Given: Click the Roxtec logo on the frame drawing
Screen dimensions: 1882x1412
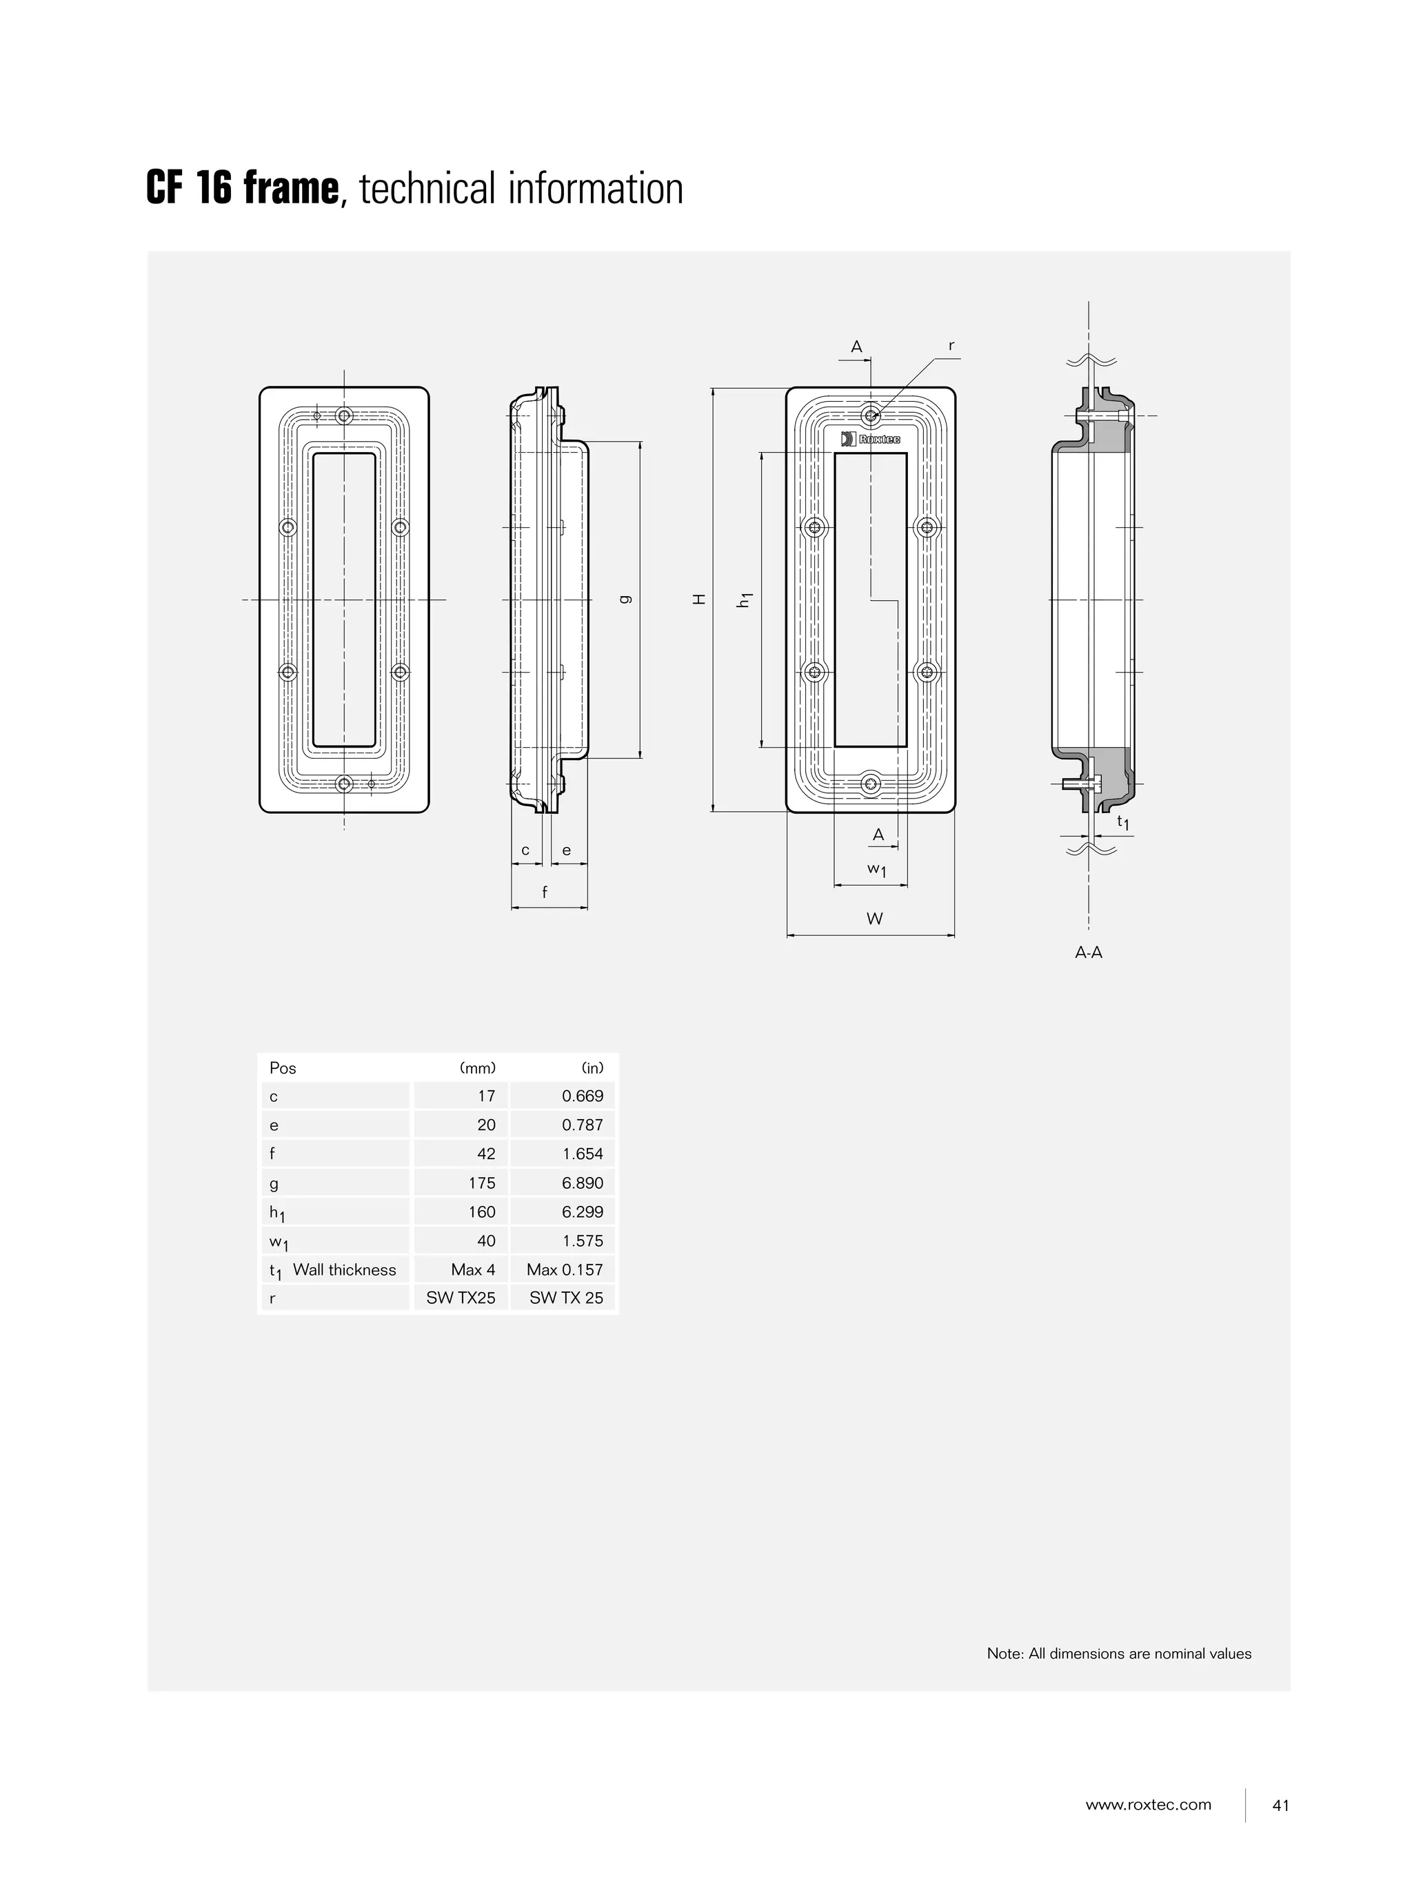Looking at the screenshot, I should pyautogui.click(x=870, y=439).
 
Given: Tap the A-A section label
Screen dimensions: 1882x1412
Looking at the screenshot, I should pyautogui.click(x=1088, y=952).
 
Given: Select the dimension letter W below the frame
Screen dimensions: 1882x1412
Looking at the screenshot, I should pyautogui.click(x=874, y=918).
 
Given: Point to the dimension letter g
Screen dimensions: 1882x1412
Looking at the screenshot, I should pyautogui.click(x=627, y=599).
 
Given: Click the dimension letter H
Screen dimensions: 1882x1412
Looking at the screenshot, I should pyautogui.click(x=700, y=599).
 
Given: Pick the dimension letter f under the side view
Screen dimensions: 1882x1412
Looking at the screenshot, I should pyautogui.click(x=545, y=892).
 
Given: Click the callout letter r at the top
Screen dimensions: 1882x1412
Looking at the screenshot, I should pyautogui.click(x=951, y=345).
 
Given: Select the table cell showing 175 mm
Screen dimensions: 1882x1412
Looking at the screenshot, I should pyautogui.click(x=481, y=1183).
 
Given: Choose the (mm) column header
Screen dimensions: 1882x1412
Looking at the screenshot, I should pyautogui.click(x=478, y=1067).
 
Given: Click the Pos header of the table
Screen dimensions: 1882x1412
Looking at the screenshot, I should pyautogui.click(x=283, y=1067).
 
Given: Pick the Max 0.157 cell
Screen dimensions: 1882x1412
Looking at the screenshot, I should pyautogui.click(x=564, y=1269).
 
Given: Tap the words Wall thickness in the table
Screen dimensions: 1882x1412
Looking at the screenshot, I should pyautogui.click(x=344, y=1269).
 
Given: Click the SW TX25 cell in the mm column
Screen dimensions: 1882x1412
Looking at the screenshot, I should pyautogui.click(x=461, y=1298).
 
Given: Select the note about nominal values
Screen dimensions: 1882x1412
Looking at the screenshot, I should pyautogui.click(x=1118, y=1653).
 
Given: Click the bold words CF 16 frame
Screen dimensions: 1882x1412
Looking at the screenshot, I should pyautogui.click(x=243, y=188).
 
